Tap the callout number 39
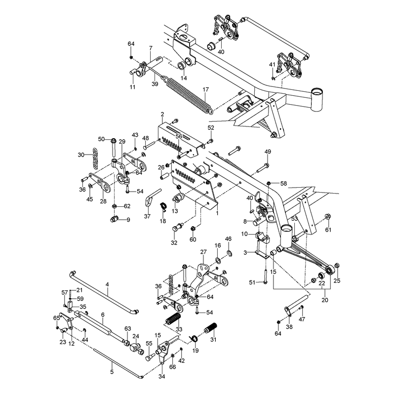(155, 84)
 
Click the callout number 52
(211, 128)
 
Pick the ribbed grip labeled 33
(173, 320)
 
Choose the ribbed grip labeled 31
(210, 329)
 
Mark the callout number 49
(268, 152)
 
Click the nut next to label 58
(269, 183)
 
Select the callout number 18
(163, 221)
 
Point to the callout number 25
(337, 280)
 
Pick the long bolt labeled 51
(266, 276)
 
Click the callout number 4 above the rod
(107, 284)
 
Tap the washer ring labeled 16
(218, 260)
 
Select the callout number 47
(302, 319)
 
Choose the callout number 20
(325, 300)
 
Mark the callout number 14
(184, 78)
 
